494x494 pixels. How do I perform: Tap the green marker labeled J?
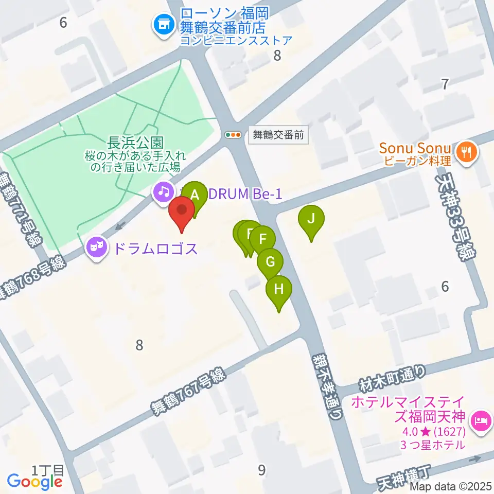point(311,218)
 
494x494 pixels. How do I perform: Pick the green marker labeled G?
point(270,261)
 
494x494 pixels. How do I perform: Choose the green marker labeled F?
point(263,239)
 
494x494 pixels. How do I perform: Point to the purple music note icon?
point(164,192)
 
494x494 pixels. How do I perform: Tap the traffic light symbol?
point(234,135)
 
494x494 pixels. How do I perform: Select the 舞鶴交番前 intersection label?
point(278,135)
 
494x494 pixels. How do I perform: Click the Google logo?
point(34,481)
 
